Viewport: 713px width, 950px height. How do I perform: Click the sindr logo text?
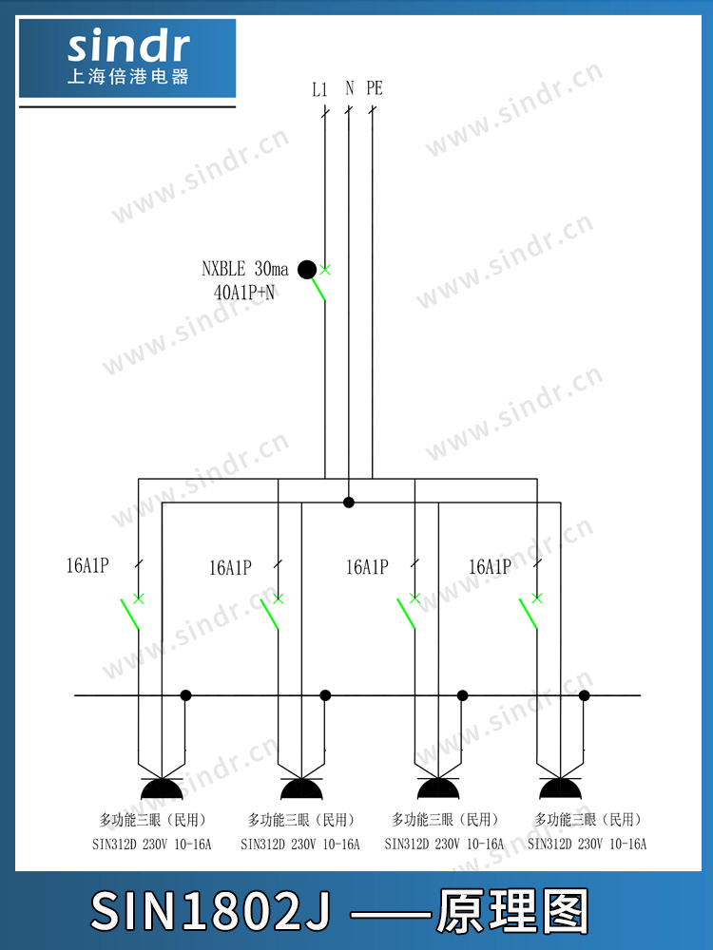(128, 47)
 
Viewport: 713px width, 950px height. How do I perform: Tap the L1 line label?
(319, 89)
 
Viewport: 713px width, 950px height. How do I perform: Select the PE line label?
(374, 88)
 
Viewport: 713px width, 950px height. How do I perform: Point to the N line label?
(349, 88)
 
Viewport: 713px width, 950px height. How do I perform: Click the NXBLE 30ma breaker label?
(245, 269)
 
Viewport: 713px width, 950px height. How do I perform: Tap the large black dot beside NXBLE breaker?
(307, 270)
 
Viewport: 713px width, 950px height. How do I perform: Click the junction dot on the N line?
(349, 503)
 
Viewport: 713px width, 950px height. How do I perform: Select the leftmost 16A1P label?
(87, 566)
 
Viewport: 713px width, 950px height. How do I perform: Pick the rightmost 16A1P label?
(490, 567)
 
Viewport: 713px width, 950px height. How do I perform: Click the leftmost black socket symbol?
(162, 788)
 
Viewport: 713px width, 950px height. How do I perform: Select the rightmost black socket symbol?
(560, 788)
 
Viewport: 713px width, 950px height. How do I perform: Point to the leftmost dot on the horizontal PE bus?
(185, 695)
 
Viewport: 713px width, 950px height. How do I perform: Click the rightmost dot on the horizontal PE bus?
(585, 695)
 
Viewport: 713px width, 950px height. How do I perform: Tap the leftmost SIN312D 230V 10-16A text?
(151, 844)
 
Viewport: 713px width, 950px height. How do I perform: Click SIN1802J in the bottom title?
(210, 911)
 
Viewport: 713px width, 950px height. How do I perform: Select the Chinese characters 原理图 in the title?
(513, 911)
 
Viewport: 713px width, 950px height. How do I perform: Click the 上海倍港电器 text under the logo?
(128, 77)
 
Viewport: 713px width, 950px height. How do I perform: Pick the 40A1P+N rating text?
(243, 293)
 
